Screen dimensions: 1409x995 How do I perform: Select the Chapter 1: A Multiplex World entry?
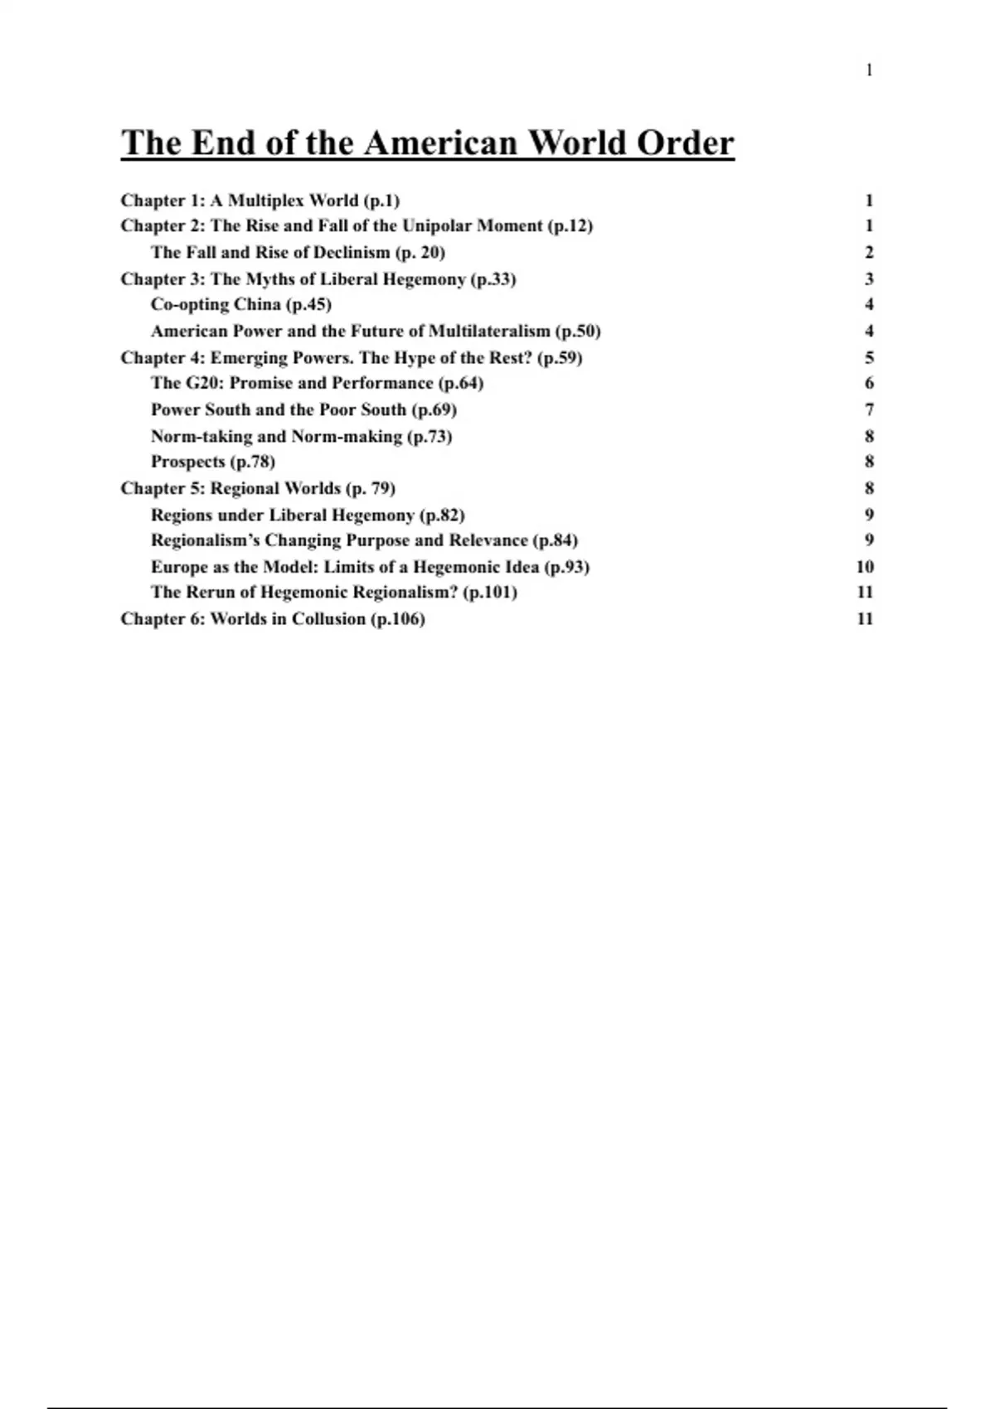(260, 201)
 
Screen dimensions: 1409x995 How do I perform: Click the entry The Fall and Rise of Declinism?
(298, 253)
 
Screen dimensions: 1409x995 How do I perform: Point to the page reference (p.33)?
(493, 279)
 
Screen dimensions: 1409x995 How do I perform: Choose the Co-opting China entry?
(240, 305)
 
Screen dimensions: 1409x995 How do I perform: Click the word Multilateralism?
(489, 332)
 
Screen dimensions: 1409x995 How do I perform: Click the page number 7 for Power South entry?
(869, 410)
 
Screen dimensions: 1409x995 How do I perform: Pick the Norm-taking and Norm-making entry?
(301, 437)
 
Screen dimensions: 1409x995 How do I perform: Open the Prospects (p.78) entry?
(212, 462)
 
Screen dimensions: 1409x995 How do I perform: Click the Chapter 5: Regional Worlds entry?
(258, 488)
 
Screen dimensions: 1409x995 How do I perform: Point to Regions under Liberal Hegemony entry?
(308, 515)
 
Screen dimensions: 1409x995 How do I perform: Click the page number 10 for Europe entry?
(865, 567)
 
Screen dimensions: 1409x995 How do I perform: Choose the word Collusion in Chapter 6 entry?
(328, 619)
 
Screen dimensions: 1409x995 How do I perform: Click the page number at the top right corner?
(869, 71)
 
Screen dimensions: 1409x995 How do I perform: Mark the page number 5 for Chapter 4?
(869, 358)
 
